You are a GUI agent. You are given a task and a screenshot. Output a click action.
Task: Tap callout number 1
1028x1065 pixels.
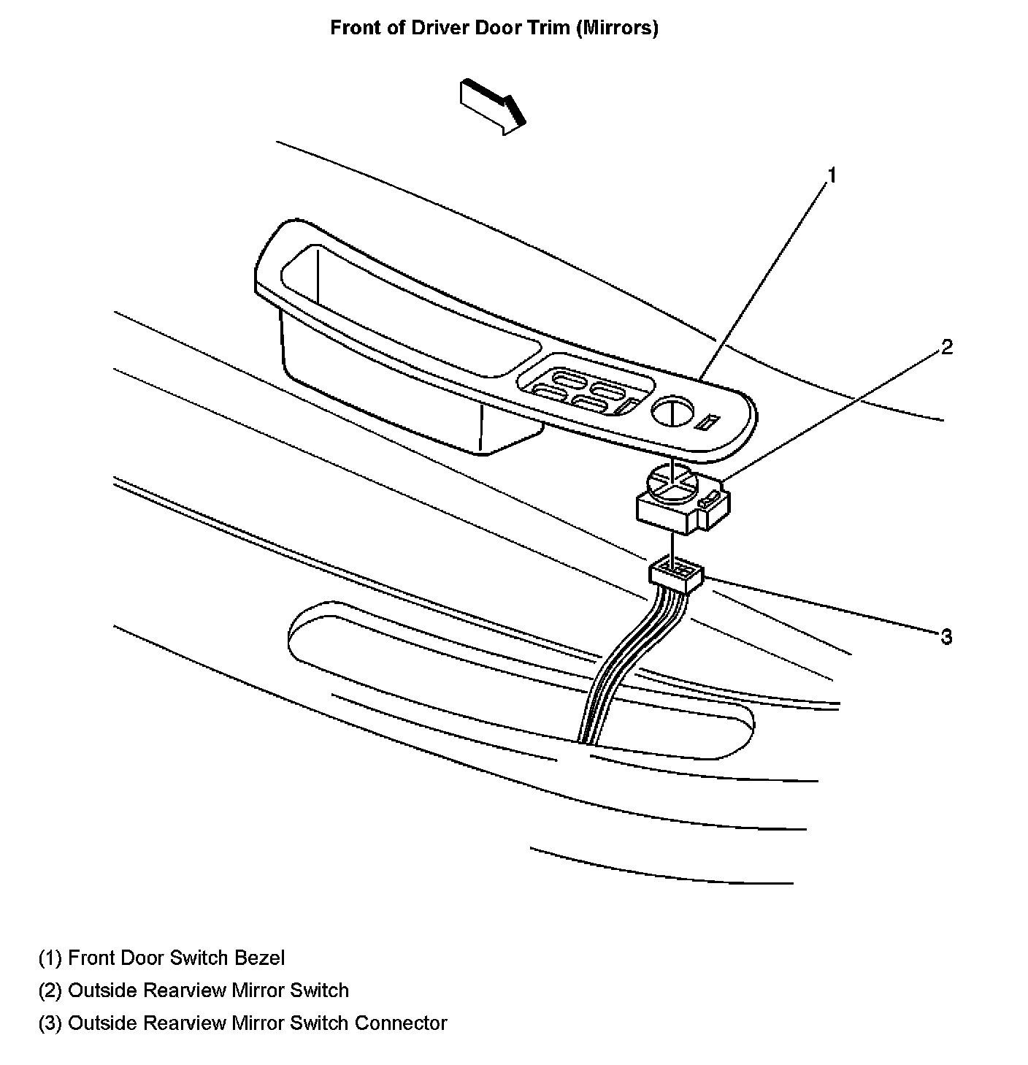click(x=831, y=175)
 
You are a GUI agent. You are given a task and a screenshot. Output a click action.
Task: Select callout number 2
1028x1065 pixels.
click(x=946, y=347)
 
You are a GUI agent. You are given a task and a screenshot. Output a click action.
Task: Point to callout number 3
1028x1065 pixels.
click(x=946, y=637)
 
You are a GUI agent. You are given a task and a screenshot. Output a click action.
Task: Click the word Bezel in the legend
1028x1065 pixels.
click(x=260, y=958)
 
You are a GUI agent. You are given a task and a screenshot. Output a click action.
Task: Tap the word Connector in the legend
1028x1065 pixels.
click(x=401, y=1023)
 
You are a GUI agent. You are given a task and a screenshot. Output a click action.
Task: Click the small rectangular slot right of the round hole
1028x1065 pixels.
click(x=708, y=422)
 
